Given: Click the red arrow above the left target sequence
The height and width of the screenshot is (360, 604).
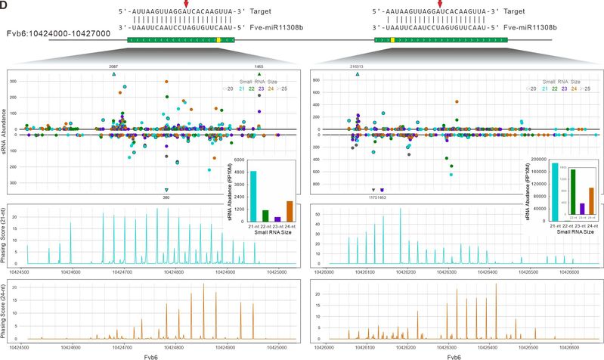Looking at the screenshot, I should tap(186, 5).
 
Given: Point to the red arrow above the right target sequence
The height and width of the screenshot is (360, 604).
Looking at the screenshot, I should tap(441, 5).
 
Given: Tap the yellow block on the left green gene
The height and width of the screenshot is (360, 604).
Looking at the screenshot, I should tap(218, 39).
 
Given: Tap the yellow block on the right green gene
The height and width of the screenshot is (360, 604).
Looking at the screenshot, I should tap(393, 39).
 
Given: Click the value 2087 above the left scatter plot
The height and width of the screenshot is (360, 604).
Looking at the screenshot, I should tap(113, 67).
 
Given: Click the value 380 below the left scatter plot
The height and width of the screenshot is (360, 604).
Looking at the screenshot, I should tap(166, 197).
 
